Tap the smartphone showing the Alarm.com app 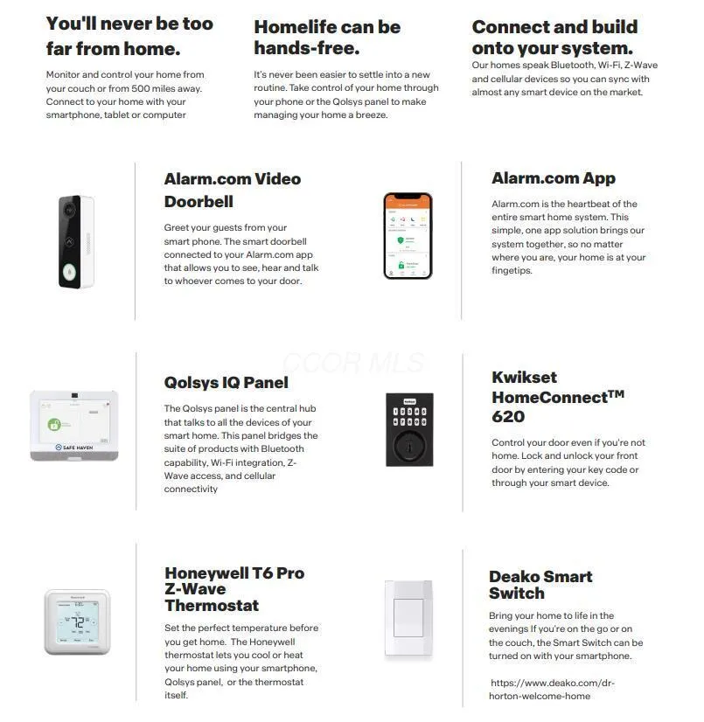[x=408, y=235]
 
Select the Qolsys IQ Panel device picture [x=73, y=425]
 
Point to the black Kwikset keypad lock [x=409, y=429]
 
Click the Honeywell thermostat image [x=77, y=621]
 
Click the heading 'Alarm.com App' [x=553, y=178]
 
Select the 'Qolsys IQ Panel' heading [x=226, y=382]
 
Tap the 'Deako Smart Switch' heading [x=540, y=585]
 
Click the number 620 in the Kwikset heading [x=508, y=417]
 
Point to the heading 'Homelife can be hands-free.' [x=327, y=37]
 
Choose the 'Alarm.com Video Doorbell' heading [x=232, y=190]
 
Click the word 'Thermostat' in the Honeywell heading [x=212, y=605]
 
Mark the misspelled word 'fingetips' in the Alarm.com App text [x=512, y=271]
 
